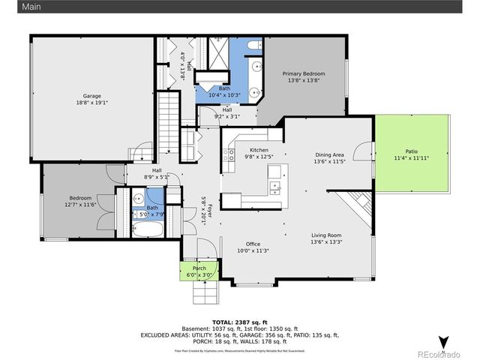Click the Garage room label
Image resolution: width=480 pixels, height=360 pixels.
pos(91,95)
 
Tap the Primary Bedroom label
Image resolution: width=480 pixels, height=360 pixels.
pos(304,73)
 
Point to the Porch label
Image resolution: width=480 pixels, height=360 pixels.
pos(199,268)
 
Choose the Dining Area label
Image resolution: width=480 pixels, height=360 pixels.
pos(328,154)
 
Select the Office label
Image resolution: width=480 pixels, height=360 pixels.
pos(253,244)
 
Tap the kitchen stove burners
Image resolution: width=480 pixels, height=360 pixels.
pos(228,156)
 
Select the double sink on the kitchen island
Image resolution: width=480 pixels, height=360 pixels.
pos(275,186)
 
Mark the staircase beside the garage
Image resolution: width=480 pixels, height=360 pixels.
pos(169,120)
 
